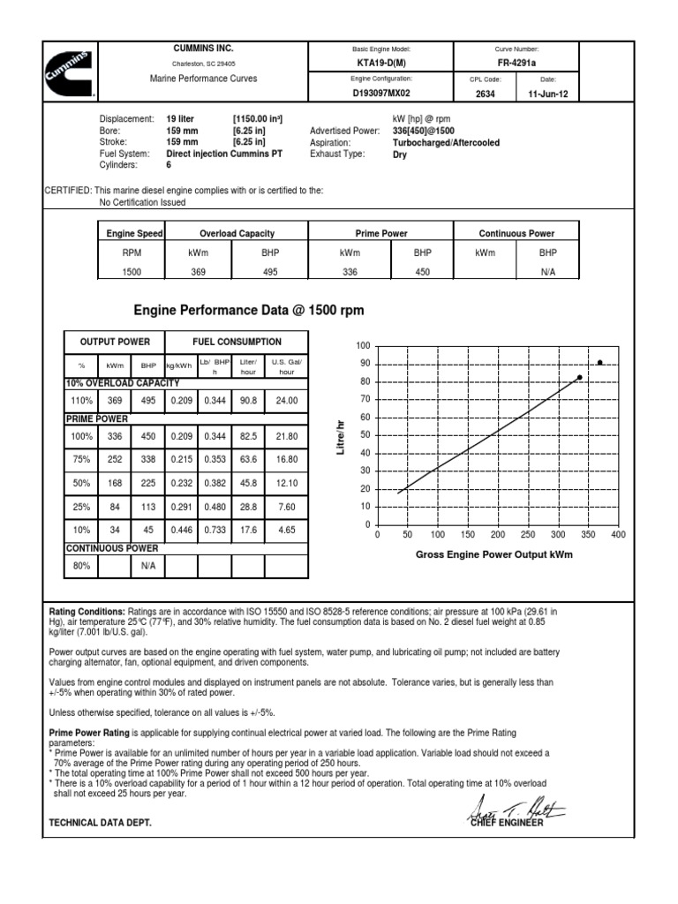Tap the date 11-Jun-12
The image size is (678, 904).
click(x=548, y=92)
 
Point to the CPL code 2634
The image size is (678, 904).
click(x=486, y=92)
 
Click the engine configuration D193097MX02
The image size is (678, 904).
click(x=381, y=92)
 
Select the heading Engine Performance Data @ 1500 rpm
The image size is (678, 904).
click(x=248, y=311)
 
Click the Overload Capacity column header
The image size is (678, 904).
click(x=237, y=233)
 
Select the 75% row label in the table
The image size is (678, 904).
click(x=82, y=461)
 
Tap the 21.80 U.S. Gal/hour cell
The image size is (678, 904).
click(x=287, y=436)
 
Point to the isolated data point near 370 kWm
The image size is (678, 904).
click(x=600, y=362)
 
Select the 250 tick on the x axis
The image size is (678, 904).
click(x=528, y=535)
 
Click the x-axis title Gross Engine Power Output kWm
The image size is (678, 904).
click(x=493, y=554)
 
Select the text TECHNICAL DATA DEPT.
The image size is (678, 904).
click(x=99, y=822)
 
